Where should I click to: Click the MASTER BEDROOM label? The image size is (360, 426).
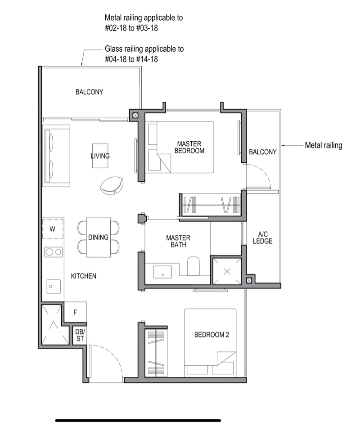coord(189,147)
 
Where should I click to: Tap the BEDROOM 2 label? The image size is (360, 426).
coord(211,335)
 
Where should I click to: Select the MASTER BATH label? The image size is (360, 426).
coord(178,241)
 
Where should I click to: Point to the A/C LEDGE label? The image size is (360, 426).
coord(262,238)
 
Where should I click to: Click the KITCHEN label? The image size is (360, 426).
coord(83,276)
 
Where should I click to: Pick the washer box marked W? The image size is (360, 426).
coord(53,229)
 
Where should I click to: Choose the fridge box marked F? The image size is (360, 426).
coord(75,312)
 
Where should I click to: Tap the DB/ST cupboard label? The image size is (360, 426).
coord(80,335)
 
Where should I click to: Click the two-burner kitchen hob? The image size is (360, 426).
coord(54,252)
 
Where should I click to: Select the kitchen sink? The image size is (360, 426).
coord(54,287)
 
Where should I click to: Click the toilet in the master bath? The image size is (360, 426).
coord(193,266)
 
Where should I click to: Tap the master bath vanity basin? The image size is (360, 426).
coord(162,272)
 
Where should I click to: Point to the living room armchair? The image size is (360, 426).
coord(112,185)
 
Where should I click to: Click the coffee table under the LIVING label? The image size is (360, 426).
coord(100,156)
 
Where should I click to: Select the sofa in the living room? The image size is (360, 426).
coord(56,156)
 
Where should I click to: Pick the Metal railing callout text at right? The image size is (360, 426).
coord(323,145)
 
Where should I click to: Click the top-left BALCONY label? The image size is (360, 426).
coord(89,92)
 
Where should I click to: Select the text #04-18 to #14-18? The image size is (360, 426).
coord(131,59)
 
